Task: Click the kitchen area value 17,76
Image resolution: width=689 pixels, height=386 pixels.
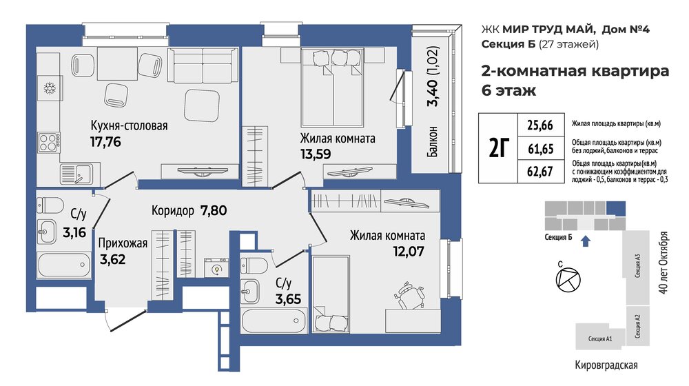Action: [x=105, y=142]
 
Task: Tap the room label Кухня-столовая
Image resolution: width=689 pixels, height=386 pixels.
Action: [x=130, y=125]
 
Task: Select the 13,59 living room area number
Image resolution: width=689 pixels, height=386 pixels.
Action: [x=316, y=154]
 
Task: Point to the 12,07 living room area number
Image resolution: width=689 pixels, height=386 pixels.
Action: [x=409, y=252]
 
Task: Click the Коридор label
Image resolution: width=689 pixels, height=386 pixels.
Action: [x=173, y=211]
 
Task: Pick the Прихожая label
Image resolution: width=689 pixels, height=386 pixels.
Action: [x=123, y=243]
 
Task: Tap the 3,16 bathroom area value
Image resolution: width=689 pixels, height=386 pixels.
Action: [x=74, y=232]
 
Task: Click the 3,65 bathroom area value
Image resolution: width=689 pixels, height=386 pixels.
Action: [x=288, y=299]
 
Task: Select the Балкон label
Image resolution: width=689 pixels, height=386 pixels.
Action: [x=433, y=141]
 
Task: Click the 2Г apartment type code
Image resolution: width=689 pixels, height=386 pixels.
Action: [x=499, y=148]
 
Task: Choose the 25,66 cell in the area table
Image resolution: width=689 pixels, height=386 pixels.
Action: [x=540, y=125]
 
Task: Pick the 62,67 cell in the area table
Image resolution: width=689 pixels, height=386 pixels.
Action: [x=540, y=171]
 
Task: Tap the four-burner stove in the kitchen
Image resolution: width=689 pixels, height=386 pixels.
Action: [x=49, y=143]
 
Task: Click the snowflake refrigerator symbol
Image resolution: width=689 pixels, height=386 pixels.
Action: [x=50, y=88]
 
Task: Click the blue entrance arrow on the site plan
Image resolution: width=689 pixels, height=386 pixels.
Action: [x=586, y=241]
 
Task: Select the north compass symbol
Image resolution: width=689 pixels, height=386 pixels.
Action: [x=568, y=279]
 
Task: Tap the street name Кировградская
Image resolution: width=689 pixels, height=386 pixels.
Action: [x=606, y=365]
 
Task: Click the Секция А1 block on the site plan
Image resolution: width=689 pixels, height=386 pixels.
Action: [x=600, y=337]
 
